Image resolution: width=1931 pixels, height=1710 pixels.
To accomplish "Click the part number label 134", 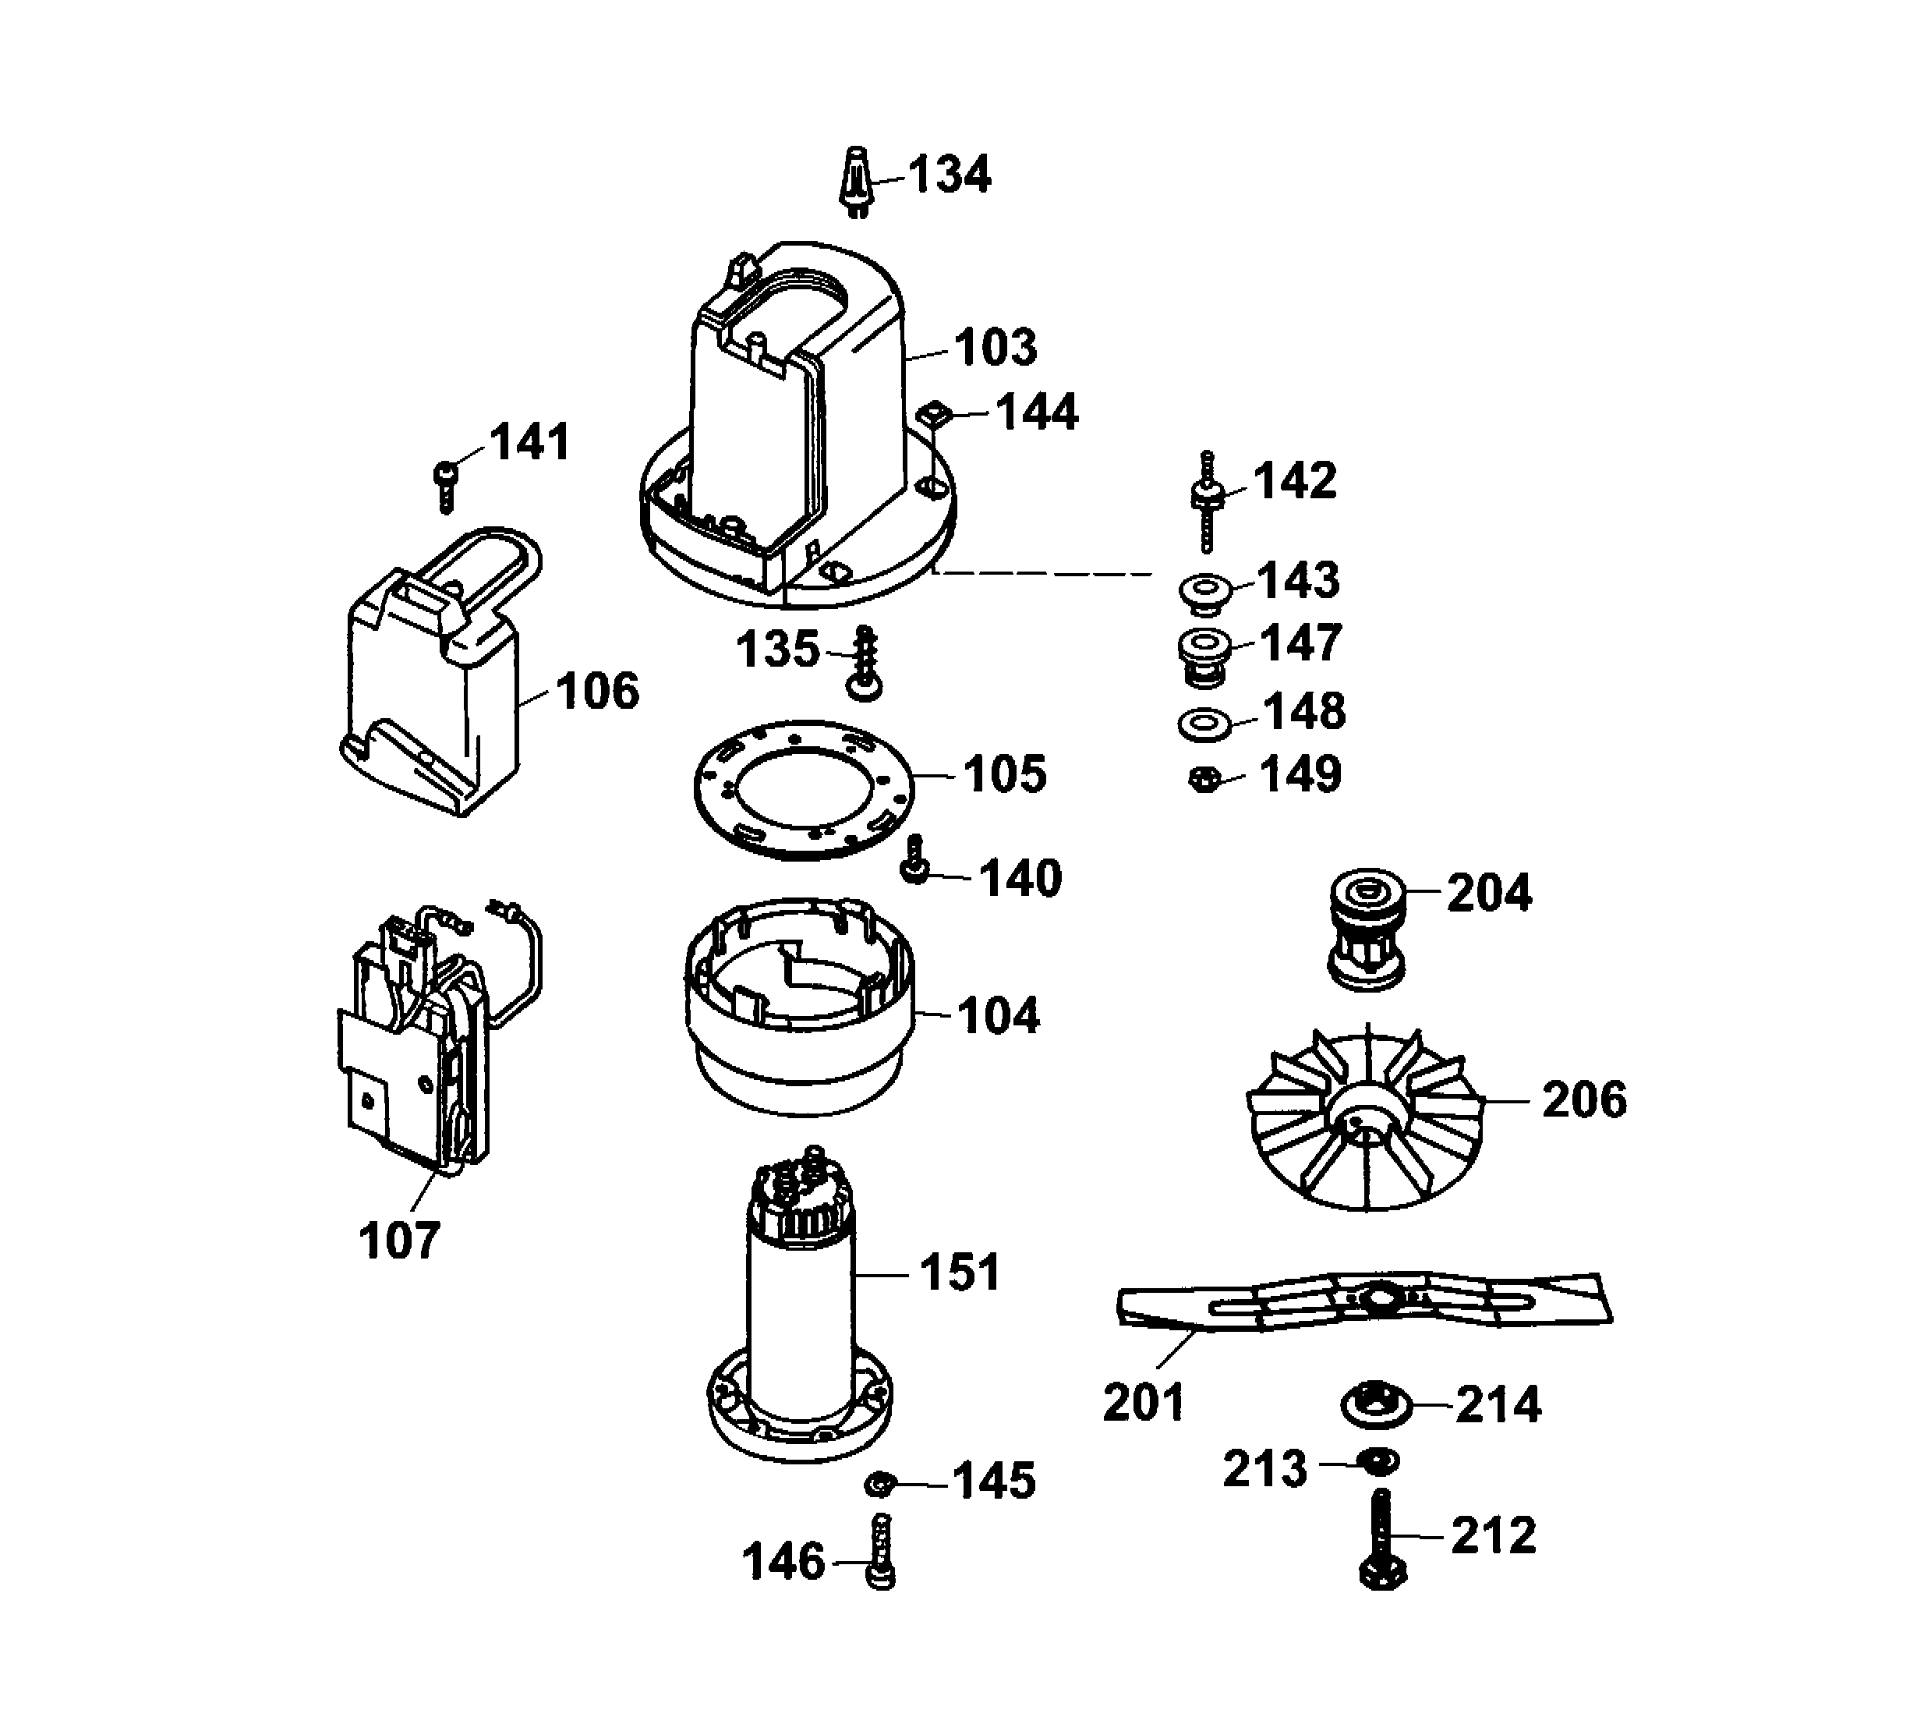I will click(x=950, y=175).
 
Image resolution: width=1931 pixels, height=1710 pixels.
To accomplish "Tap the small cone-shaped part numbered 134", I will click(x=856, y=179).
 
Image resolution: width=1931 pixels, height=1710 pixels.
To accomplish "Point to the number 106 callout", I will click(x=597, y=692).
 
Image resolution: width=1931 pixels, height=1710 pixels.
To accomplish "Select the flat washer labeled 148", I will click(x=1204, y=724).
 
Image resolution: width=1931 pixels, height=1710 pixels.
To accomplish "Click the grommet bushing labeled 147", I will click(x=1204, y=657).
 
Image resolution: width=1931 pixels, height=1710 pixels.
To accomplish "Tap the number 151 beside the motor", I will click(x=959, y=1273).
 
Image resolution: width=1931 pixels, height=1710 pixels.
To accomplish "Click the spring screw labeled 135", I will click(x=865, y=664).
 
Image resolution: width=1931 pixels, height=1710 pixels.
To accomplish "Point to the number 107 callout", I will click(x=400, y=1241).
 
